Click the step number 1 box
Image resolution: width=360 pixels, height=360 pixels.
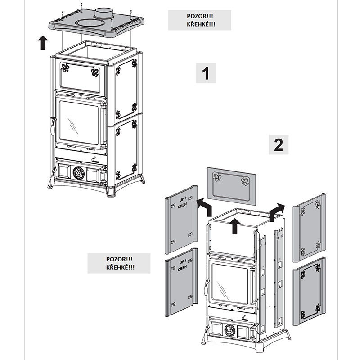coord(206,73)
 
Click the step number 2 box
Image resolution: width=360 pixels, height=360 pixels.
coord(279,144)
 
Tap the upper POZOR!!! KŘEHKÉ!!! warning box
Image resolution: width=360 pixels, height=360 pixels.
coord(199,20)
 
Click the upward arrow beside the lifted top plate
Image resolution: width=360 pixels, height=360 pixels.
coord(43,43)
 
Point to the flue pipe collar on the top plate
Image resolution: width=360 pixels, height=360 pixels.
coord(104,13)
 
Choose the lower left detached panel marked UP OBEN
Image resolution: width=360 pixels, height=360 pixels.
coord(181,281)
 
